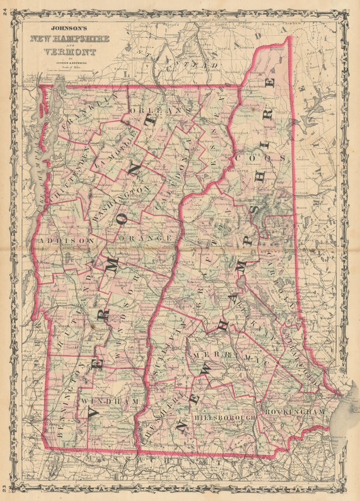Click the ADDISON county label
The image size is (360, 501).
pyautogui.click(x=67, y=240)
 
